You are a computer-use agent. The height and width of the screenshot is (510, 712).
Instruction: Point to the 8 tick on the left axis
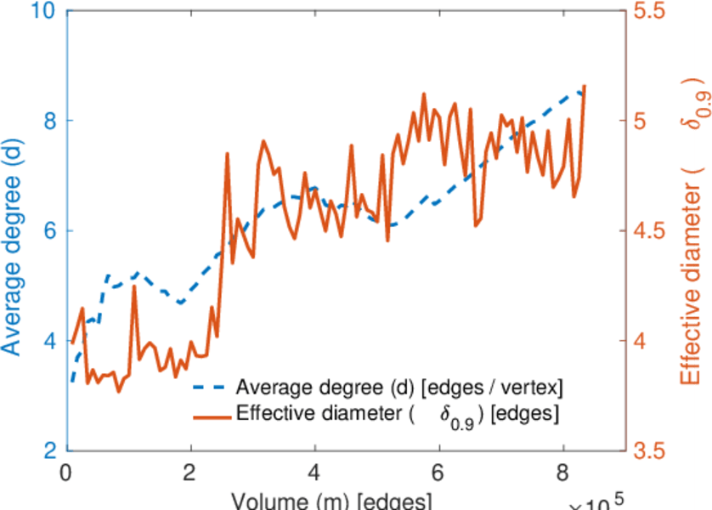[48, 122]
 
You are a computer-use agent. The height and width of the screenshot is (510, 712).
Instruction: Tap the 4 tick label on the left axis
[48, 341]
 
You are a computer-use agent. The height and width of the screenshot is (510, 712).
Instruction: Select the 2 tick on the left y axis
[48, 450]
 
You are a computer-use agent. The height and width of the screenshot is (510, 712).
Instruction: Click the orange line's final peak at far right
[585, 86]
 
